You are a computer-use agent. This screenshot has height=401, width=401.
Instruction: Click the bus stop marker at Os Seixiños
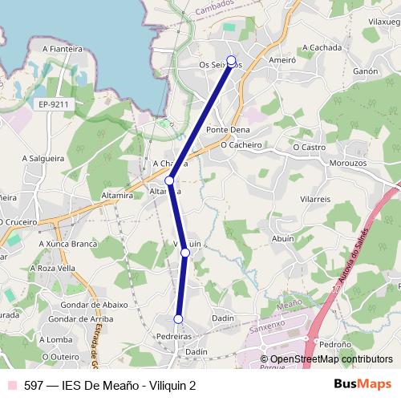232,60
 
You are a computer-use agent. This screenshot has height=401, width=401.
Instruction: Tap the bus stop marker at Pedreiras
178,320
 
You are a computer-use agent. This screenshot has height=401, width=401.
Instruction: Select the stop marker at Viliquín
185,253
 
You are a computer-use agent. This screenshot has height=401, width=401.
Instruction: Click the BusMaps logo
363,384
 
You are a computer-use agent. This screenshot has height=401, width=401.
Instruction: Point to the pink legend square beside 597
10,385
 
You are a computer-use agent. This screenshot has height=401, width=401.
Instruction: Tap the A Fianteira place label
63,49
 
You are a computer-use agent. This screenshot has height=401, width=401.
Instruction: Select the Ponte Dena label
228,130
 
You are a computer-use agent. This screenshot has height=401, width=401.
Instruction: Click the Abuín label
283,238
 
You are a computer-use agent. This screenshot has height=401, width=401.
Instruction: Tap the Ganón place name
365,71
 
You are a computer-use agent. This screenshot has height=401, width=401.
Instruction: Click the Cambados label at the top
215,6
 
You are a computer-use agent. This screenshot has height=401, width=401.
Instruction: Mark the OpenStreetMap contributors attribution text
331,359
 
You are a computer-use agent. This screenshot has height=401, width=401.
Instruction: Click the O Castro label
309,148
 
